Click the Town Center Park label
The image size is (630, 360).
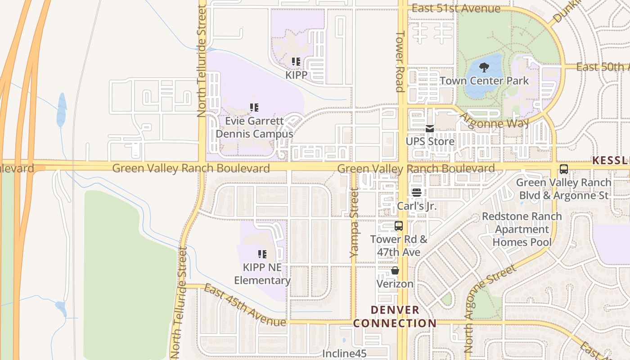(484, 81)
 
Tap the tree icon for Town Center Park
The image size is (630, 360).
(484, 68)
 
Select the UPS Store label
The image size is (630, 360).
(430, 141)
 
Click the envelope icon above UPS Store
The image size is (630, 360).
(430, 129)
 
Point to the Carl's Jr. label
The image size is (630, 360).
(417, 206)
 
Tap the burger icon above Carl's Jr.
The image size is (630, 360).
(417, 193)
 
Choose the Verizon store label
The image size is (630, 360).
(395, 283)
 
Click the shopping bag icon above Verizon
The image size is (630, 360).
(395, 270)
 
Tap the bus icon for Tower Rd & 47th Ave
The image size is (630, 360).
(398, 226)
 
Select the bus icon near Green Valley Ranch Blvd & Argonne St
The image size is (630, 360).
(563, 170)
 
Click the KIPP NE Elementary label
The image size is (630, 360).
(262, 274)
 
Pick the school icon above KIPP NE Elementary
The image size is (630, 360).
(262, 254)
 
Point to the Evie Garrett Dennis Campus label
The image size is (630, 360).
(254, 127)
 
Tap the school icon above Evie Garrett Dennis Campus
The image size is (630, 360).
(254, 108)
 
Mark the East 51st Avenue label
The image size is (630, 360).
(456, 9)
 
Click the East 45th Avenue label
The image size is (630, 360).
(244, 305)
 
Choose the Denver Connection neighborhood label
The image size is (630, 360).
(395, 316)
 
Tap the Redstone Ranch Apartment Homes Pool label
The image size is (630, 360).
(522, 229)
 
